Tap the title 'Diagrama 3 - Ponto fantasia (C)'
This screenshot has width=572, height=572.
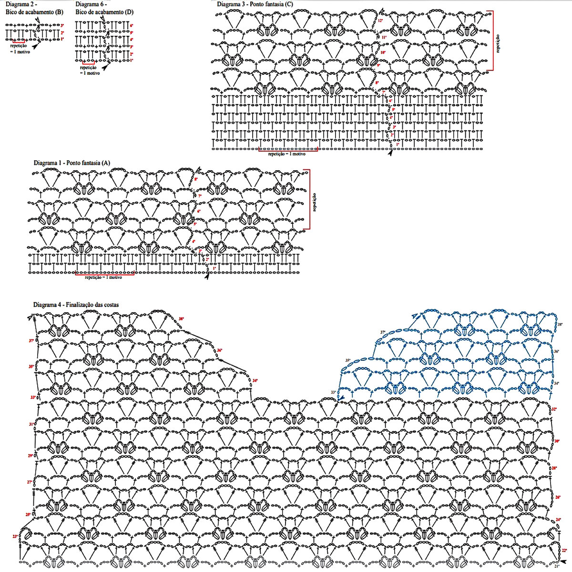click(x=255, y=4)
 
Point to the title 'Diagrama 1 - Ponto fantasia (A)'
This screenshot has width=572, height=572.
click(x=72, y=163)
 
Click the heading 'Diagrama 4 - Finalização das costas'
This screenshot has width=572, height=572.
click(x=76, y=305)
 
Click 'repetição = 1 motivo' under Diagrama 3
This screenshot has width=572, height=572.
click(x=286, y=154)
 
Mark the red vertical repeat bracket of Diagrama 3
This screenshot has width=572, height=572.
click(x=492, y=41)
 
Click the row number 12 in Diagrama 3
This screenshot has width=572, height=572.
click(x=380, y=21)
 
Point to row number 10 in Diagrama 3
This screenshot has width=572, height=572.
click(x=382, y=52)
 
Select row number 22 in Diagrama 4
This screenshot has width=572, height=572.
click(x=564, y=551)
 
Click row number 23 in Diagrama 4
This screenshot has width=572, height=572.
click(x=15, y=537)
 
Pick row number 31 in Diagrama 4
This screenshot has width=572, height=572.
click(x=31, y=424)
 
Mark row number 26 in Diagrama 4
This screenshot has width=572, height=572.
click(x=558, y=497)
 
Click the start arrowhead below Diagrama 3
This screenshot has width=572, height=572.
click(x=391, y=153)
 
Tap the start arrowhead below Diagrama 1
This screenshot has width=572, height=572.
click(x=207, y=276)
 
